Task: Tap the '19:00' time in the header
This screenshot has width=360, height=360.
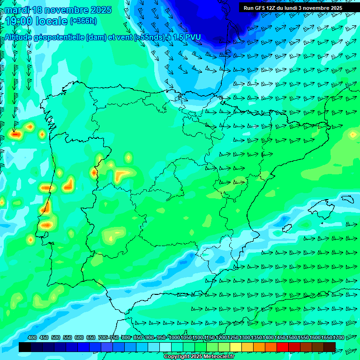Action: click(x=20, y=22)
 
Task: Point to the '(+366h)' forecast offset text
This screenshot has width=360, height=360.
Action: click(x=83, y=21)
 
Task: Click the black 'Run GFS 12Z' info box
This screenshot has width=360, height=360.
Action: click(x=292, y=7)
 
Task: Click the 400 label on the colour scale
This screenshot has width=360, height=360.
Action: click(x=32, y=338)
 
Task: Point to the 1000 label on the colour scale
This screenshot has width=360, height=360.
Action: click(x=174, y=338)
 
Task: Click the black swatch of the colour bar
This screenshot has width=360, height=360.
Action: click(x=25, y=347)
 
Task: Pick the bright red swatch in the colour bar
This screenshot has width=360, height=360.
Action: click(x=283, y=347)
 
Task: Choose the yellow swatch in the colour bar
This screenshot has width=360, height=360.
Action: click(x=236, y=347)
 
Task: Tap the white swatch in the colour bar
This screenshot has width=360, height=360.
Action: click(x=165, y=347)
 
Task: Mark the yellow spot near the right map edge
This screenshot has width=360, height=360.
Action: click(x=352, y=135)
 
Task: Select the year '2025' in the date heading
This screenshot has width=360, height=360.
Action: click(x=100, y=10)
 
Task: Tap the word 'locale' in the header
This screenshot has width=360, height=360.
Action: click(x=52, y=22)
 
